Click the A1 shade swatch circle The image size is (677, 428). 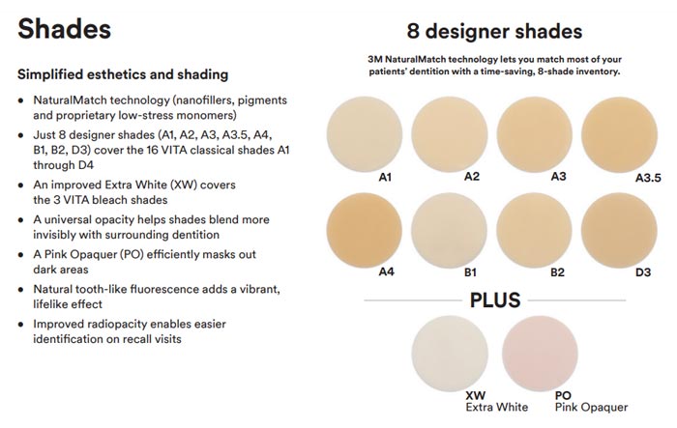[x=365, y=134]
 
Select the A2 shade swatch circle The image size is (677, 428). [x=450, y=134]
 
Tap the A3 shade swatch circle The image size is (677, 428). [x=535, y=134]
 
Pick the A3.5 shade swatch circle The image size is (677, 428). [x=620, y=134]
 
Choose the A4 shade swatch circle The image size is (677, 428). [x=365, y=230]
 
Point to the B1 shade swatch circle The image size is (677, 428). [x=450, y=230]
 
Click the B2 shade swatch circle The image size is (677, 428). [x=535, y=230]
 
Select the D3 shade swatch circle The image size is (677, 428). [x=620, y=230]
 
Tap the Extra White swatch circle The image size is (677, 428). [x=450, y=354]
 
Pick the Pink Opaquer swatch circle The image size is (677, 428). [x=540, y=354]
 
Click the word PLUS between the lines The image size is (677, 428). [x=495, y=300]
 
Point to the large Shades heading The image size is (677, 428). [x=65, y=29]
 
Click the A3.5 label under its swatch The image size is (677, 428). [x=648, y=178]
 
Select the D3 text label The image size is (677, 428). [x=643, y=272]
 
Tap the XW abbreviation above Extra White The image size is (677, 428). [x=476, y=395]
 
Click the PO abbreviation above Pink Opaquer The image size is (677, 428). [x=563, y=395]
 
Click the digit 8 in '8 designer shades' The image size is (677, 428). [x=413, y=32]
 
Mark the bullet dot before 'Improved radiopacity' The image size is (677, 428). [x=20, y=325]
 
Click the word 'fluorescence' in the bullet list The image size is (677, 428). [x=162, y=289]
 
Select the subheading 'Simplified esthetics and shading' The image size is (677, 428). [x=123, y=74]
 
